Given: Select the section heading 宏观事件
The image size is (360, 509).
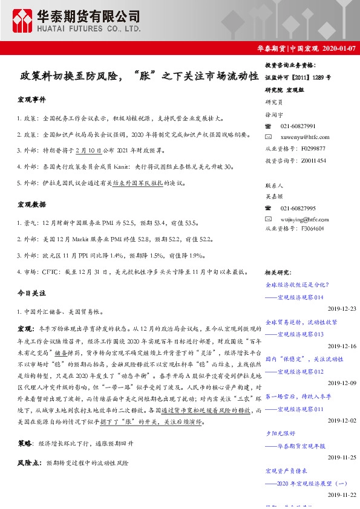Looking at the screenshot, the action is coord(32,99).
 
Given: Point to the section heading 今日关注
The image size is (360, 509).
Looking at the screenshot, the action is coord(32,293).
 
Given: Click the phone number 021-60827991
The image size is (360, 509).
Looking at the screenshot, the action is coord(298,126).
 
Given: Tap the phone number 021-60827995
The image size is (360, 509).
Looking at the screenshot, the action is coord(298,208).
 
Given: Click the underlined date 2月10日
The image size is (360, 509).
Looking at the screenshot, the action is coord(89,149).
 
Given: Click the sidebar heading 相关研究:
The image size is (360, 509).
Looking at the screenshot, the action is coord(278,273).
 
